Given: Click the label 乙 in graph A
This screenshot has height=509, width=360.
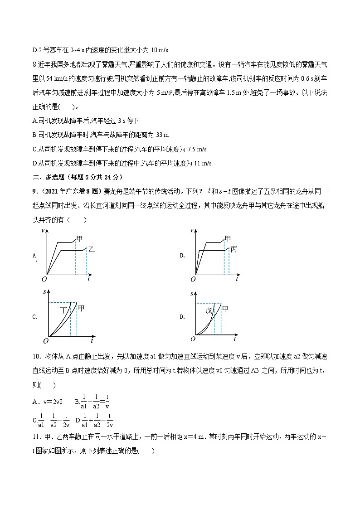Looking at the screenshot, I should [91, 250].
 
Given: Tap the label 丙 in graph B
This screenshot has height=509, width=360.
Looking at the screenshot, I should [234, 250].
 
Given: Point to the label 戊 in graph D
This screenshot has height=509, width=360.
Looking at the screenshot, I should [209, 310].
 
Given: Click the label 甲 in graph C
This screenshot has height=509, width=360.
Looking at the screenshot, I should [81, 309].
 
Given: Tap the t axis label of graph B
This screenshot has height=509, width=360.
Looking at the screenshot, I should [237, 279].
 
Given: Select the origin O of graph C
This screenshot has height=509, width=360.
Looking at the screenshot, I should [45, 340].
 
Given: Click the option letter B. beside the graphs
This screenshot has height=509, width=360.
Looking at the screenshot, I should [182, 256].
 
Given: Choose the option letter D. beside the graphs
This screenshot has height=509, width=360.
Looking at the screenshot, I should [182, 317].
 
